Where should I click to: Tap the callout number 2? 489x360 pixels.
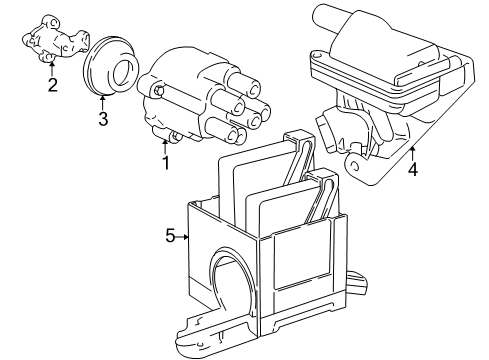pos(51,84)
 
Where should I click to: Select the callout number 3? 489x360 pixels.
pos(102,121)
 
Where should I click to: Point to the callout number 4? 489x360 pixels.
pos(412,169)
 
